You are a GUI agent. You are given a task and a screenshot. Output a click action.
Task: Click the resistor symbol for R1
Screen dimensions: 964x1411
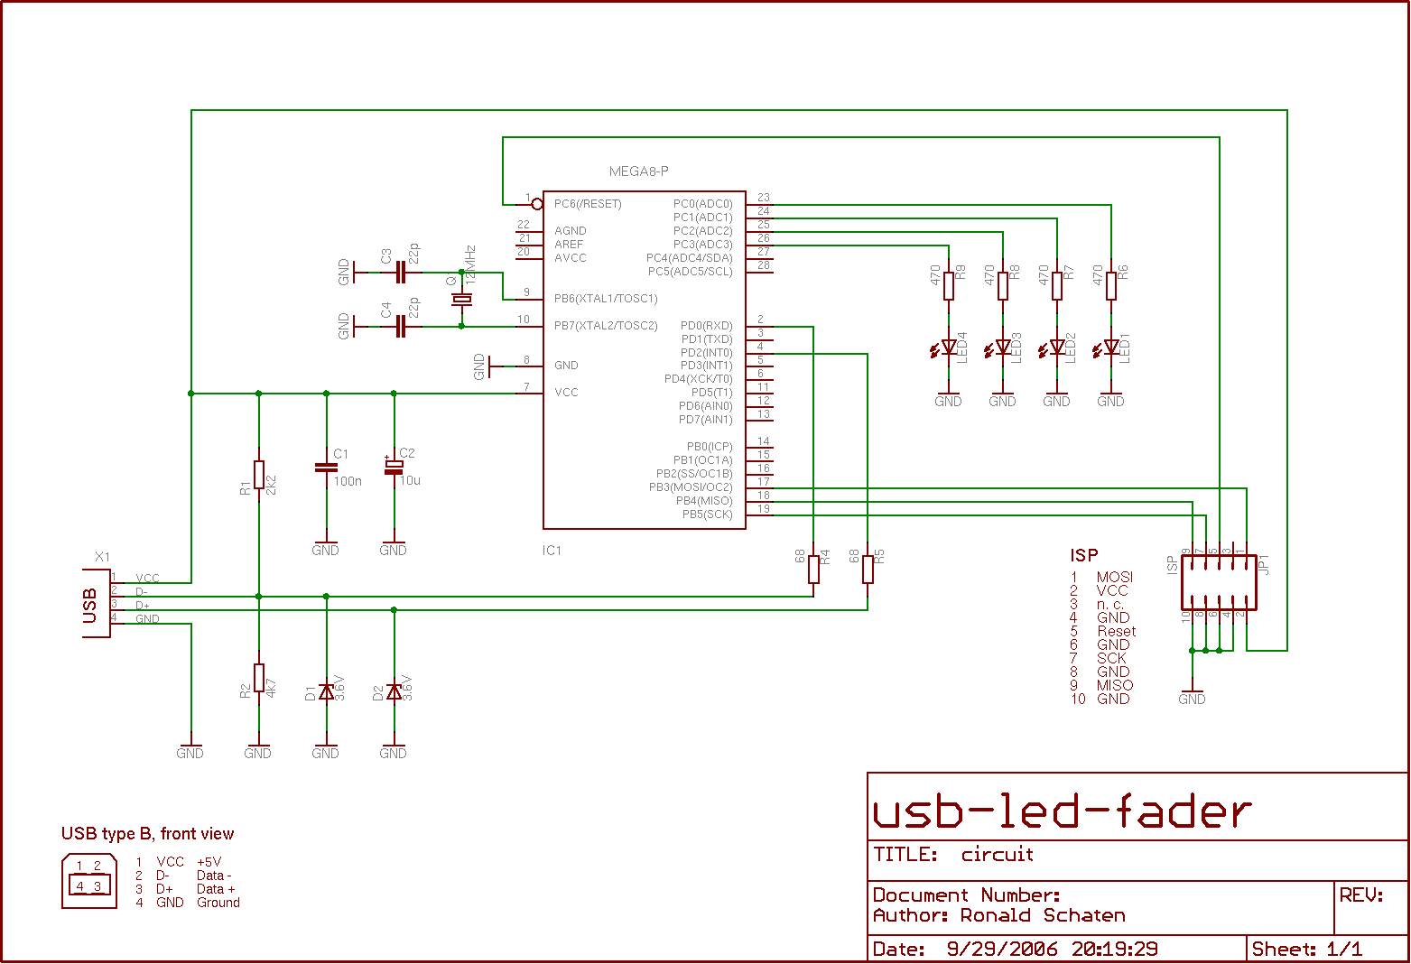click(259, 474)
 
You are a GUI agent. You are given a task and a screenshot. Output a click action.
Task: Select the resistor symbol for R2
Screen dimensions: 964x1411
click(259, 678)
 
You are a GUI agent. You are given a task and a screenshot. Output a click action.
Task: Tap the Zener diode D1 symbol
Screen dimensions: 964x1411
click(326, 691)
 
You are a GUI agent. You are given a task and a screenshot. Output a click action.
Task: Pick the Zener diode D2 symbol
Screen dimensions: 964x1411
click(394, 691)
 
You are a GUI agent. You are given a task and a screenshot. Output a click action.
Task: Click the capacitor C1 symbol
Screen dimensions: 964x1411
click(326, 468)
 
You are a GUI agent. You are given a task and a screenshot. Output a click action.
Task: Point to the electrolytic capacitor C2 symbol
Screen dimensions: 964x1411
click(394, 468)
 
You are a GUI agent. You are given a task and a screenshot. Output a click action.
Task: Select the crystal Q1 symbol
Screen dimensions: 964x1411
click(462, 299)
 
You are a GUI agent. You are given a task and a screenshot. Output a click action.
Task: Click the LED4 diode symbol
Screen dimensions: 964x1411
click(948, 347)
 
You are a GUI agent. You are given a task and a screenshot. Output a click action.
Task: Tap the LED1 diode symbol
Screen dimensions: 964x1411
click(1110, 347)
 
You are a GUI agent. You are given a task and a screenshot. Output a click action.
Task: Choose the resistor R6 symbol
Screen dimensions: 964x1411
click(1111, 285)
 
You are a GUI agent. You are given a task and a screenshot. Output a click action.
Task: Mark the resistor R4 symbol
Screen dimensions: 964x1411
click(813, 569)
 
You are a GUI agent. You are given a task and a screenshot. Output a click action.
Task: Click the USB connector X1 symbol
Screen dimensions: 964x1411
click(96, 604)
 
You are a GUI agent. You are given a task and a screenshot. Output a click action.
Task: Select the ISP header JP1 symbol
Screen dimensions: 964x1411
click(1219, 582)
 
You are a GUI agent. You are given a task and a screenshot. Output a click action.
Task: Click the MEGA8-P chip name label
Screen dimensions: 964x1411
click(638, 171)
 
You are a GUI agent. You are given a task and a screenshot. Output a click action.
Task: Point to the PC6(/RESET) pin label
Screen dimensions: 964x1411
click(588, 204)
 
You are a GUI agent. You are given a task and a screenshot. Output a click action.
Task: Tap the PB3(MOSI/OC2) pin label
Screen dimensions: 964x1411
click(691, 487)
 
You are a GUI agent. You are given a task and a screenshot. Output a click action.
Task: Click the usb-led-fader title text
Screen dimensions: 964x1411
click(1062, 811)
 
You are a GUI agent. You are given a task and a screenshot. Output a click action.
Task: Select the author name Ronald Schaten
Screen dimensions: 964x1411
click(1043, 915)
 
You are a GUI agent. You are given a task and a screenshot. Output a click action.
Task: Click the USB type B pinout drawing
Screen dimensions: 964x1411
click(88, 881)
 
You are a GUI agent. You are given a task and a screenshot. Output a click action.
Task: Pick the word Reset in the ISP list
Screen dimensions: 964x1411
click(1116, 632)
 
